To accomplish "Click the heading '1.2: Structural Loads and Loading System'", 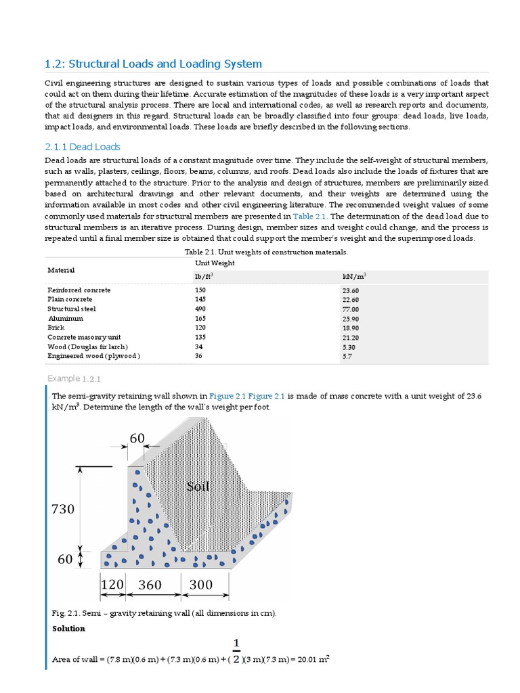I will point(153,64).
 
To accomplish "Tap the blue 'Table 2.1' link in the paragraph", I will point(308,216).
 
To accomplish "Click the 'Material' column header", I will point(62,269).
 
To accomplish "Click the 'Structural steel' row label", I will point(72,309).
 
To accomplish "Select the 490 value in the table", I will point(200,309).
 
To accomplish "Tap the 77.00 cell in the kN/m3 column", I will point(351,309).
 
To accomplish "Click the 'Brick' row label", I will point(56,327).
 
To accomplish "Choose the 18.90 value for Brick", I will point(351,327).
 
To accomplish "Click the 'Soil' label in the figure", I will point(198,486).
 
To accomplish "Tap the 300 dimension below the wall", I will point(200,585).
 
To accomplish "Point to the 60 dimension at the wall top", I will point(137,439).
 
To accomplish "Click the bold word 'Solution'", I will point(68,629).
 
